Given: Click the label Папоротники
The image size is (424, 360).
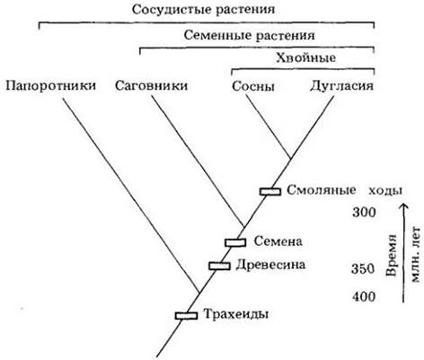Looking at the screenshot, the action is pyautogui.click(x=50, y=86).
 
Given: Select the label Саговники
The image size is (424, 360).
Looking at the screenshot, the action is pyautogui.click(x=151, y=86).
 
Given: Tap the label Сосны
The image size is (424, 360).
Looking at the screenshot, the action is pyautogui.click(x=253, y=86).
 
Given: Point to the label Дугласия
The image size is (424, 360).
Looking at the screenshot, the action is pyautogui.click(x=341, y=86).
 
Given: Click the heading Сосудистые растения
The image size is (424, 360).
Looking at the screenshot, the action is pyautogui.click(x=203, y=9).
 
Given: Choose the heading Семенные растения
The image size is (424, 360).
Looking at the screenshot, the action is pyautogui.click(x=249, y=36).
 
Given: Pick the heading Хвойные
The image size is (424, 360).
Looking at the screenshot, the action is pyautogui.click(x=305, y=57).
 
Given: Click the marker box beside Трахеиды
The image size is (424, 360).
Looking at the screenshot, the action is pyautogui.click(x=186, y=315).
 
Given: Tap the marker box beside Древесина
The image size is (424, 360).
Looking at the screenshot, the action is pyautogui.click(x=219, y=266).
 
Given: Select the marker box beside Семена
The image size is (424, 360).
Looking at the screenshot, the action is pyautogui.click(x=235, y=242).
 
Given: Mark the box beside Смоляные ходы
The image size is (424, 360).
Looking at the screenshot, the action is pyautogui.click(x=270, y=191).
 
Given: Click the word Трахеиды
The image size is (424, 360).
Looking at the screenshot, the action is pyautogui.click(x=236, y=314).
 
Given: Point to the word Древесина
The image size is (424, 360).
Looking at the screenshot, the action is pyautogui.click(x=270, y=265).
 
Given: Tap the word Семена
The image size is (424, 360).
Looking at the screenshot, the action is pyautogui.click(x=278, y=241).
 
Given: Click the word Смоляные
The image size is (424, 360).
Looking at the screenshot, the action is pyautogui.click(x=322, y=190).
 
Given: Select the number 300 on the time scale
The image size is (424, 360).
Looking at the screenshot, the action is pyautogui.click(x=364, y=213).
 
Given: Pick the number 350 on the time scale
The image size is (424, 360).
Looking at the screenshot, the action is pyautogui.click(x=363, y=268).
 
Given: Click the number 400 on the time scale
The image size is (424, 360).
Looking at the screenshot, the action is pyautogui.click(x=364, y=296).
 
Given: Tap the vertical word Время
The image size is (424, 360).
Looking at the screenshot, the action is pyautogui.click(x=392, y=256).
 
